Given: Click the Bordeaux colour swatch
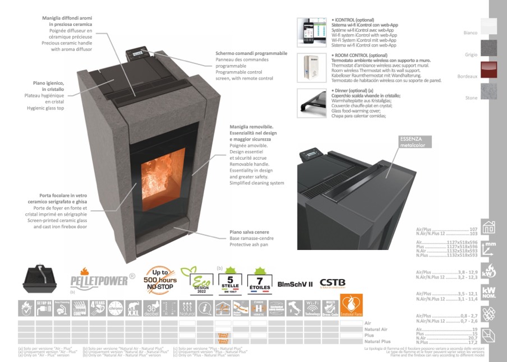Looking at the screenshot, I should click(489, 71).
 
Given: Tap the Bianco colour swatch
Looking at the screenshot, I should click(489, 27).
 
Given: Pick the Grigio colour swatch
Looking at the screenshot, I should click(489, 49).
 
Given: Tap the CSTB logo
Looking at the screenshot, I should click(333, 284).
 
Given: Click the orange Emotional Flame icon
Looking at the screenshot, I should click(352, 308).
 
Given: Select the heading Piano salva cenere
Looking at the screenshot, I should click(249, 231).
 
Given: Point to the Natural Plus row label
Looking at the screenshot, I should click(377, 341).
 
